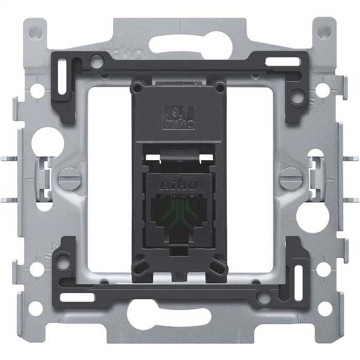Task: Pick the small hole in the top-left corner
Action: [x=35, y=32]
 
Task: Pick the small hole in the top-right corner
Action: [x=324, y=32]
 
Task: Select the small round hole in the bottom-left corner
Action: [x=35, y=309]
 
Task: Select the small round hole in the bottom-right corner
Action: [x=325, y=309]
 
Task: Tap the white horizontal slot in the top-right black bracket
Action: [x=282, y=62]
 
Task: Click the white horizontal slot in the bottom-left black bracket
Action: [x=77, y=297]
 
